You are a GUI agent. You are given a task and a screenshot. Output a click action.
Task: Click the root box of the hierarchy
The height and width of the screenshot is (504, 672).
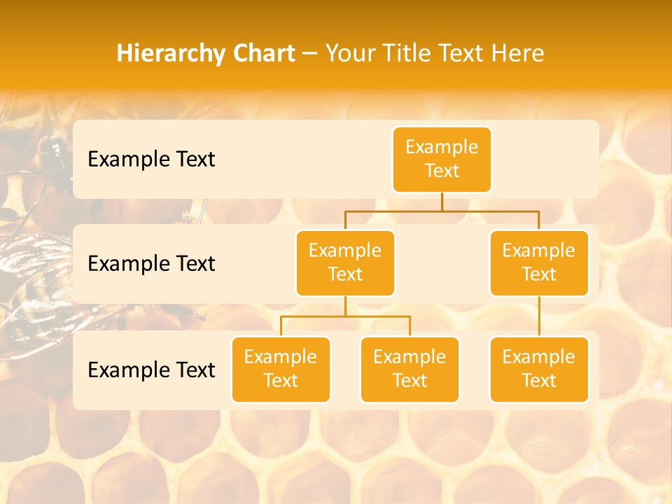coord(442,160)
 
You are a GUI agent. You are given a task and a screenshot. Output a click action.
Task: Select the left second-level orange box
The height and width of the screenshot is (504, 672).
coord(345,263)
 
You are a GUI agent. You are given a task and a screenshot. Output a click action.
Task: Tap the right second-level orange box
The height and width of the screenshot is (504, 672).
coord(539,263)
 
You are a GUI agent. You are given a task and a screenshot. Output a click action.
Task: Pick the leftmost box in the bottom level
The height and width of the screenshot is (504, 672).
coord(281,370)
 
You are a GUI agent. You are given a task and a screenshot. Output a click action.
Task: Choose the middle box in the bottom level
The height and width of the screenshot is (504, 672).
coord(409,370)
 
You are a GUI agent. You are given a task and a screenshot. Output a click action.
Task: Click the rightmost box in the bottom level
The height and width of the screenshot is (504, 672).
coord(539,370)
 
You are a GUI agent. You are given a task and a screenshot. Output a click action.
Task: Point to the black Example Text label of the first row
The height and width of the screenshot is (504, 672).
coord(151,160)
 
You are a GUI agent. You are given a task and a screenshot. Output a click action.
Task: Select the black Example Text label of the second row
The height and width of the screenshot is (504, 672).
coord(151,264)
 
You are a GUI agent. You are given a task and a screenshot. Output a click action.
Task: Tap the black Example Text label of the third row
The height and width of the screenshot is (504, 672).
coord(151,370)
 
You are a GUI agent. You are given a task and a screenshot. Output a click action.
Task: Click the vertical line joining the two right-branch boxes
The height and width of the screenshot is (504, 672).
coord(539,316)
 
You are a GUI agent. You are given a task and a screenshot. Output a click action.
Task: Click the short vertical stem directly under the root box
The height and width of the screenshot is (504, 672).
coord(442,202)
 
